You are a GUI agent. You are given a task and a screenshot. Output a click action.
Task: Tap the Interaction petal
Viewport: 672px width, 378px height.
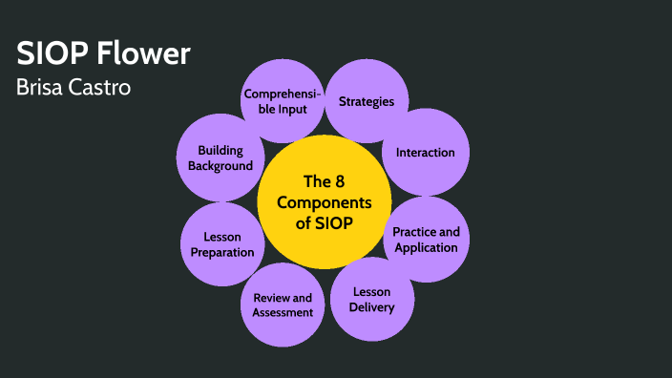(425, 152)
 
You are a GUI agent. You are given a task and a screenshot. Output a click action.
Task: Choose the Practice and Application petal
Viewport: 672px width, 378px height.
(426, 240)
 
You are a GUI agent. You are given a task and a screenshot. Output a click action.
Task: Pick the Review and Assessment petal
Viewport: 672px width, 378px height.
(283, 304)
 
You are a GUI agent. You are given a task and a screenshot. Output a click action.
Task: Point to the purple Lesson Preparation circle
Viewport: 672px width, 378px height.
(222, 244)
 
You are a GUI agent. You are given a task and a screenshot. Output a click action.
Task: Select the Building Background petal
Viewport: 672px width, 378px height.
(220, 157)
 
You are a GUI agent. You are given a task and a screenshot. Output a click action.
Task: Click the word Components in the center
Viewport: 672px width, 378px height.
(324, 202)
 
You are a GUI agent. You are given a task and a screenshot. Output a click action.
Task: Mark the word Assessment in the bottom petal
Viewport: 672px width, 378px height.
(283, 312)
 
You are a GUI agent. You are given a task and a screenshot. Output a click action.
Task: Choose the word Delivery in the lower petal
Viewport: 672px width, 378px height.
(371, 307)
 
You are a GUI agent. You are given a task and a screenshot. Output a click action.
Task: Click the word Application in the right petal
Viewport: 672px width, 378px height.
(426, 247)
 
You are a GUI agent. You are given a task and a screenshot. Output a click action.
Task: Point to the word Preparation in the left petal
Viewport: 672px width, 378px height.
(222, 252)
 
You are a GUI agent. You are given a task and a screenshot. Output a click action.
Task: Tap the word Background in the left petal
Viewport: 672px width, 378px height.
(220, 165)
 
